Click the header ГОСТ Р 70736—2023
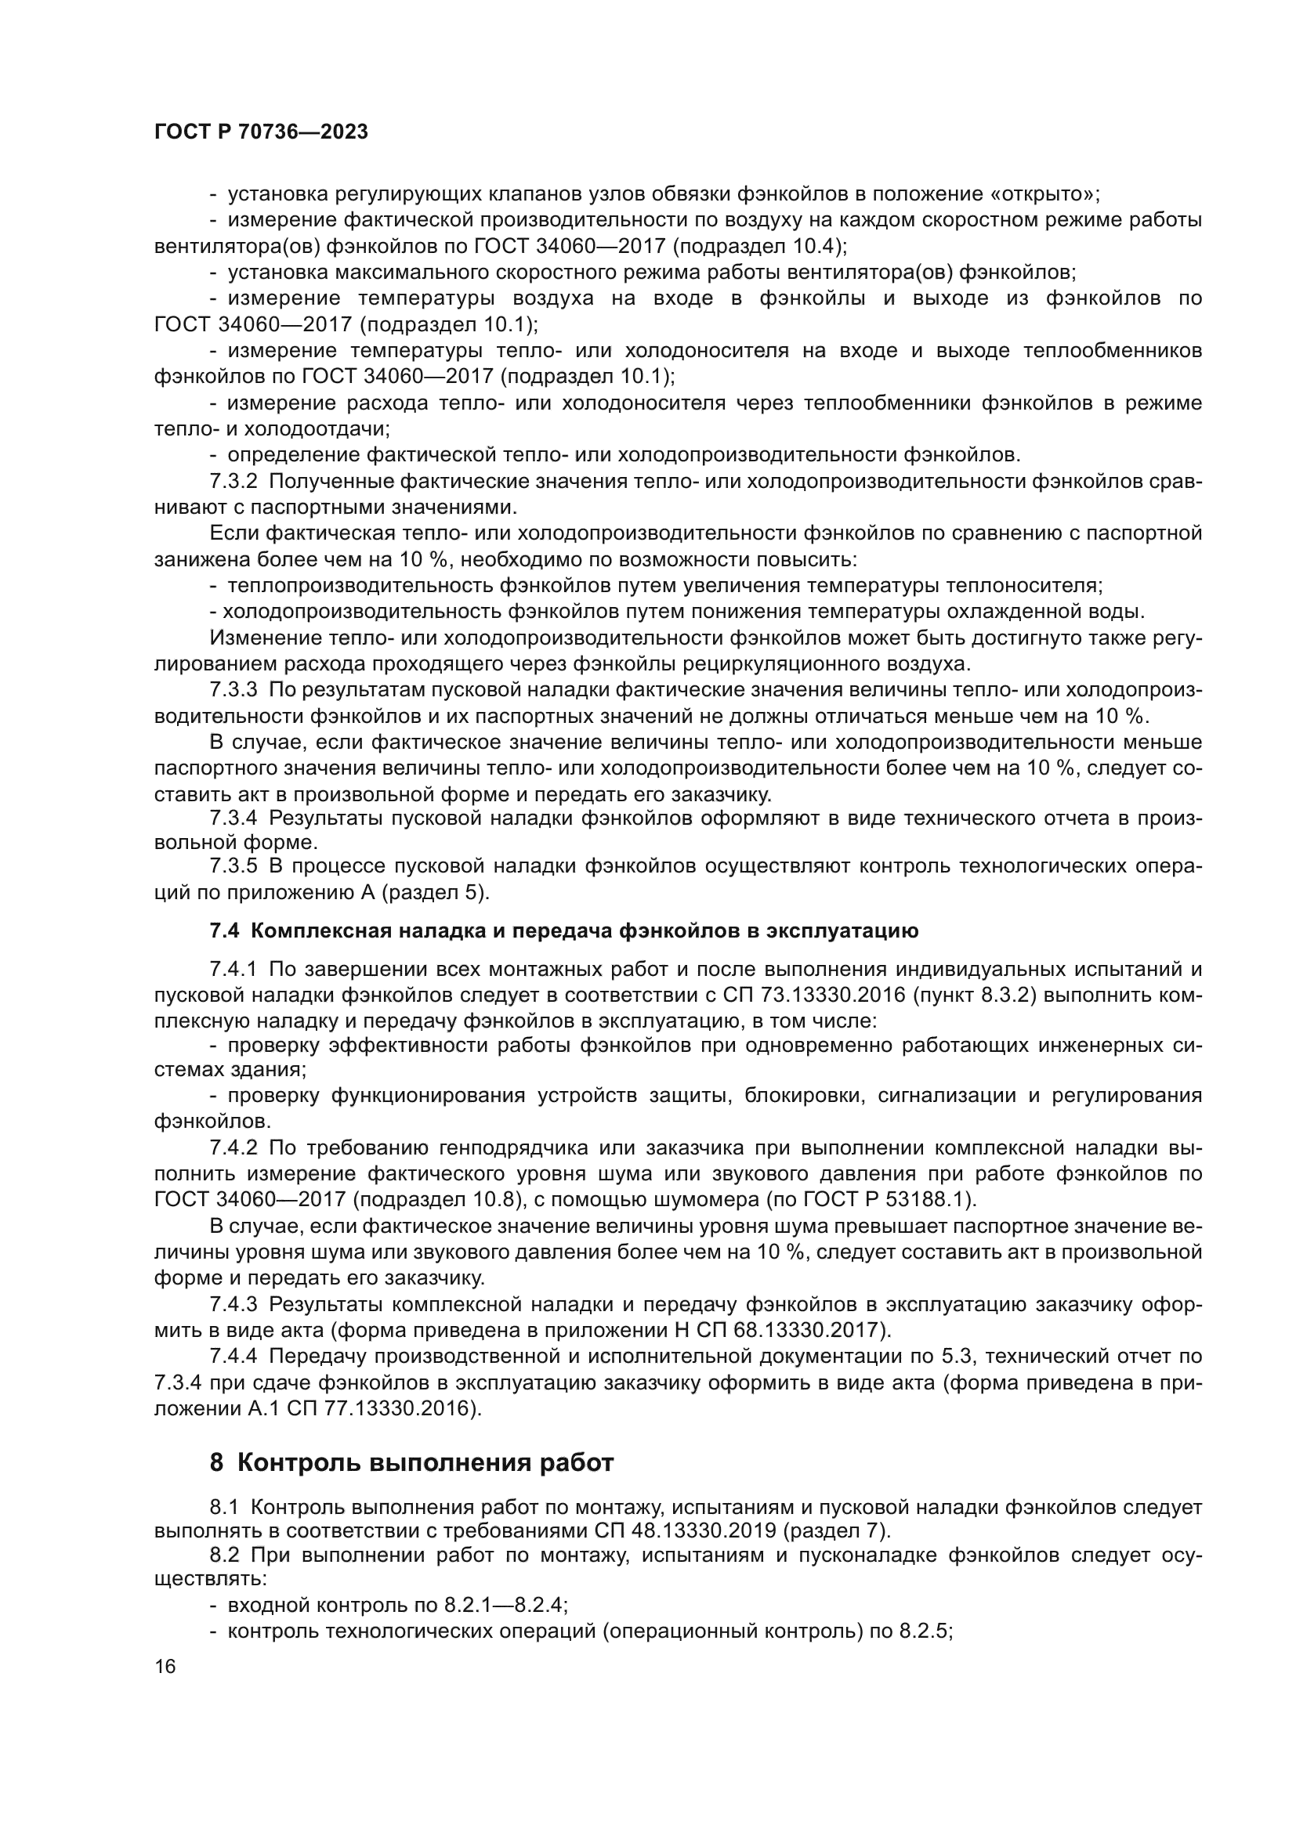(261, 132)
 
